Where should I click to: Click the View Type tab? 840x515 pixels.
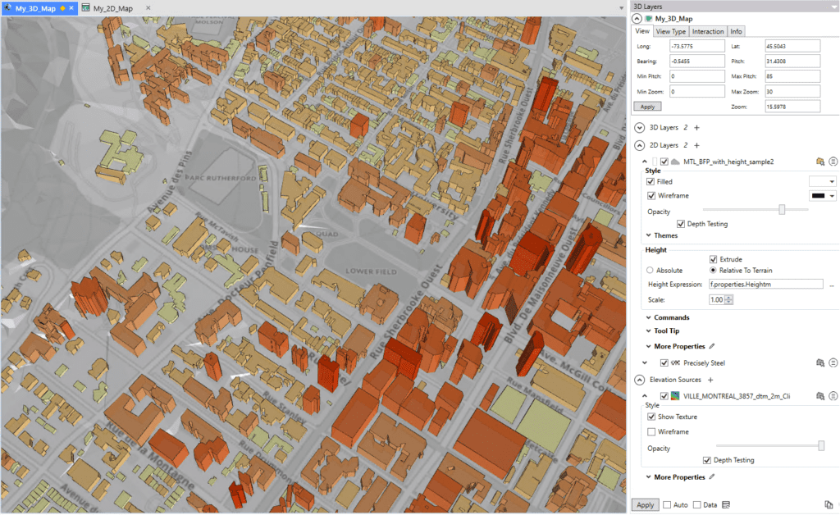(x=671, y=31)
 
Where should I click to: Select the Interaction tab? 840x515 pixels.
(x=708, y=31)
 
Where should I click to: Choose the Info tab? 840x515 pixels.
(x=737, y=31)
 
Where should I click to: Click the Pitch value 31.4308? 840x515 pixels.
(x=792, y=61)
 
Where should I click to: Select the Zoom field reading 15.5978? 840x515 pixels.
(x=792, y=107)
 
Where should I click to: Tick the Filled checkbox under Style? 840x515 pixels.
(x=651, y=181)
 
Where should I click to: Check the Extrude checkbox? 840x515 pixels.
(x=713, y=259)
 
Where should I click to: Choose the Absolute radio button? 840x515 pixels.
(x=651, y=270)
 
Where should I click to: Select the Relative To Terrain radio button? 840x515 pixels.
(x=713, y=270)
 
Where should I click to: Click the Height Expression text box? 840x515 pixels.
(x=765, y=284)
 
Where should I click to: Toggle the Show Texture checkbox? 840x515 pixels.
(x=651, y=417)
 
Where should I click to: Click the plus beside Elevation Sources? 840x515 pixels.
(x=711, y=380)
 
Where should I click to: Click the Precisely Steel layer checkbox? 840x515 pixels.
(x=664, y=362)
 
